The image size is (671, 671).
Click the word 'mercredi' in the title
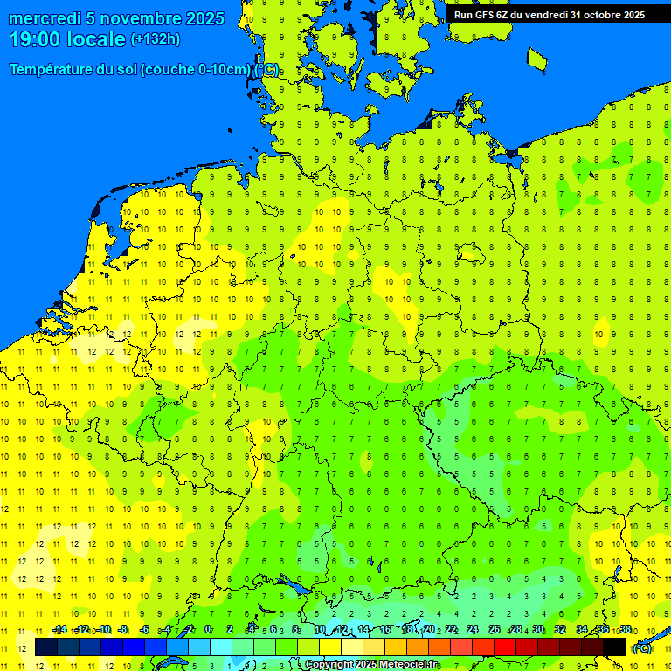44,18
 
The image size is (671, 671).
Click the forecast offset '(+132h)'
155,39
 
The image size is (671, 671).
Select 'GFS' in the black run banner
484,14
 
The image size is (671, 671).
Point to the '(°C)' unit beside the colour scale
642,648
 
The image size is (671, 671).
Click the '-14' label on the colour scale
59,630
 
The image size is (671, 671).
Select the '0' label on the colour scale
208,630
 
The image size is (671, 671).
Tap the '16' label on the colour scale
384,630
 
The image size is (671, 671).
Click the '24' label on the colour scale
473,630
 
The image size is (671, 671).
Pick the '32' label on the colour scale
560,630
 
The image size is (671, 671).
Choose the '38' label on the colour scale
626,630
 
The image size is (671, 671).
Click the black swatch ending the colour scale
614,647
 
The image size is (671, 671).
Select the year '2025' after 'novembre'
204,18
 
